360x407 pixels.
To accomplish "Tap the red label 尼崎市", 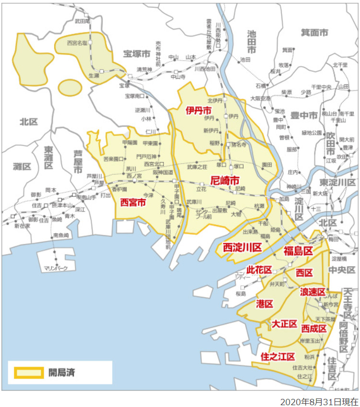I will tap(225, 181).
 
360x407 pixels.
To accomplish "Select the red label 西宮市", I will tap(133, 203).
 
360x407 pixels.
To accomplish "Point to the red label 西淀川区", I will tap(243, 247).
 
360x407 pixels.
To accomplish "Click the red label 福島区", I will tap(298, 250).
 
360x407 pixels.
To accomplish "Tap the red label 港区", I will tap(265, 303).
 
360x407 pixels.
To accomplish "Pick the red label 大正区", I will tap(284, 324).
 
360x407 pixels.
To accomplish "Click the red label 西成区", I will tap(314, 328).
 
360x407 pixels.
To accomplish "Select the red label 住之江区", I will tap(277, 357).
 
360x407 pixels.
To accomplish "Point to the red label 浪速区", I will tap(313, 292).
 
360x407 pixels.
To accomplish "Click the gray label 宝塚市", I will tap(138, 54).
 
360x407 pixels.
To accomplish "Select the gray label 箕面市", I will tap(314, 33).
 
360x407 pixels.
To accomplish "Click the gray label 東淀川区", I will tap(337, 183).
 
